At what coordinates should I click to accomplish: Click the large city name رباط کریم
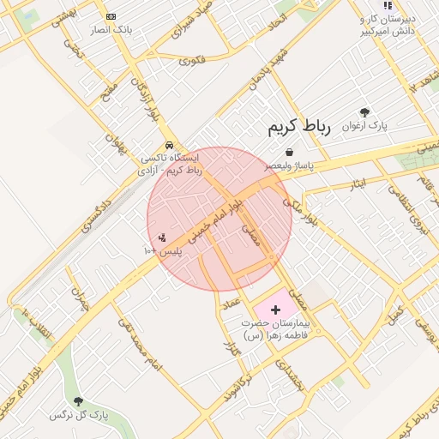298,128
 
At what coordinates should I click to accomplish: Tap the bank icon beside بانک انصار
111,17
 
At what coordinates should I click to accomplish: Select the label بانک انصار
111,30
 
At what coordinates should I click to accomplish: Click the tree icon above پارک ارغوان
365,112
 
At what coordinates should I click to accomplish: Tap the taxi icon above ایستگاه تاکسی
170,145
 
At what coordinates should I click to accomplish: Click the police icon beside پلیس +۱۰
162,238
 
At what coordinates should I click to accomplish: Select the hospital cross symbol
276,309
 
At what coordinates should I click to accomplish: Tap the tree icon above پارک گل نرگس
79,401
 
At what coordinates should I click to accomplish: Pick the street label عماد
232,305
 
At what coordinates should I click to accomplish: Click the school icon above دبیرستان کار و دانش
388,5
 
